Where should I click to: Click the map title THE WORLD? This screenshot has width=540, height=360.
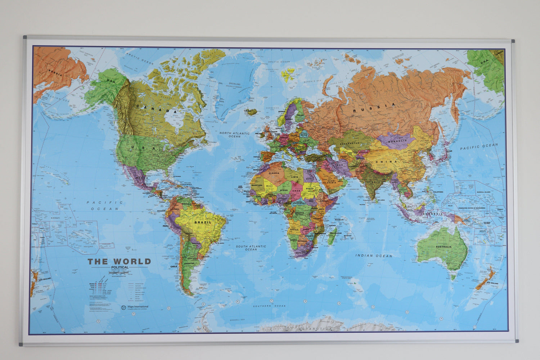point(119,262)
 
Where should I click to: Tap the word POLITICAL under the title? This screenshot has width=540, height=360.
point(120,267)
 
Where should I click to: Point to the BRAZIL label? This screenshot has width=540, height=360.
point(203,222)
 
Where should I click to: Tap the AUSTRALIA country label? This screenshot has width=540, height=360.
point(443,247)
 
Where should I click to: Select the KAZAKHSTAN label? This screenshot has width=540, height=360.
point(348,143)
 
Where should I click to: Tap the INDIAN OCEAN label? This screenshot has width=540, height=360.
point(374,256)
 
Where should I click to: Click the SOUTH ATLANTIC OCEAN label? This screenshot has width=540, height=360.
point(251,248)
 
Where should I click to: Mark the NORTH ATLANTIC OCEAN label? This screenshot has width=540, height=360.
point(234,135)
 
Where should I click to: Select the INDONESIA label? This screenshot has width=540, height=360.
point(432,213)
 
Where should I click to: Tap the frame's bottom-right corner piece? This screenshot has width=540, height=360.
point(516,341)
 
